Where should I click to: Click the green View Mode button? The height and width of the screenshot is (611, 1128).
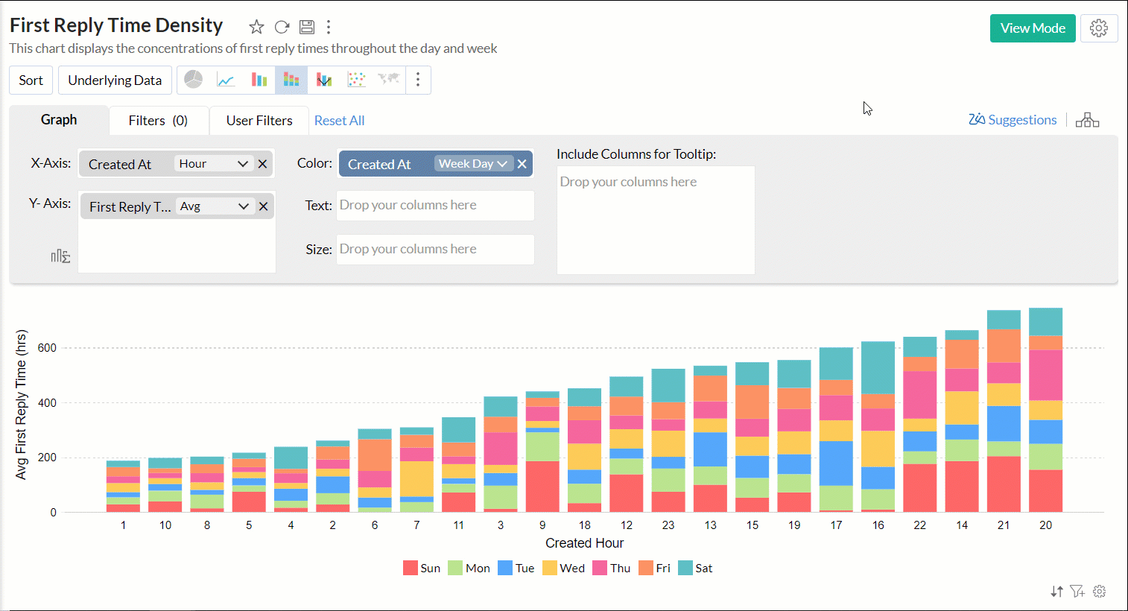point(1033,28)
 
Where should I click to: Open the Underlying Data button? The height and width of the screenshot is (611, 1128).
point(115,80)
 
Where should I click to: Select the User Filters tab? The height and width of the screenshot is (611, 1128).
point(259,121)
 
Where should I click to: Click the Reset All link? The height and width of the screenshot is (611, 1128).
point(339,121)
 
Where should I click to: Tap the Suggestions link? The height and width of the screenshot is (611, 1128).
point(1013,120)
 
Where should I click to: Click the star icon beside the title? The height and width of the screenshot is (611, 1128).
point(256,28)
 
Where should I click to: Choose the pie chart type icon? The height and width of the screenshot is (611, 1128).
point(194,80)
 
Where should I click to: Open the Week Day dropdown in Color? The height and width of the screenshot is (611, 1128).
point(473,164)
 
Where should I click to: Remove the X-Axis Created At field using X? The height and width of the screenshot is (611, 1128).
point(262,164)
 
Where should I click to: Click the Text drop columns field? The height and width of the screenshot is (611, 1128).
point(435,206)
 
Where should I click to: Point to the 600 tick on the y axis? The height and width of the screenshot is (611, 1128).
point(47,348)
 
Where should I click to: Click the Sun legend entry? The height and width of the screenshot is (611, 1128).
point(422,568)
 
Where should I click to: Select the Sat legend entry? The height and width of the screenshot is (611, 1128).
point(695,568)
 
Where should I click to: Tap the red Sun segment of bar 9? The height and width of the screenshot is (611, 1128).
point(542,486)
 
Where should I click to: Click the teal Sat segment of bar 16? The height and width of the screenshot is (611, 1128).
point(878,367)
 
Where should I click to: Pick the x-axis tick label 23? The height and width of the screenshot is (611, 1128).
point(668,525)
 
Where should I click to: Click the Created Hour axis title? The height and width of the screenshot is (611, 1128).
point(584,543)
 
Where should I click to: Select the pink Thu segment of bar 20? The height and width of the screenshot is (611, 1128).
point(1045,375)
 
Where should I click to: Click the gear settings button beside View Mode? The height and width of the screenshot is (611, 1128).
point(1098,28)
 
